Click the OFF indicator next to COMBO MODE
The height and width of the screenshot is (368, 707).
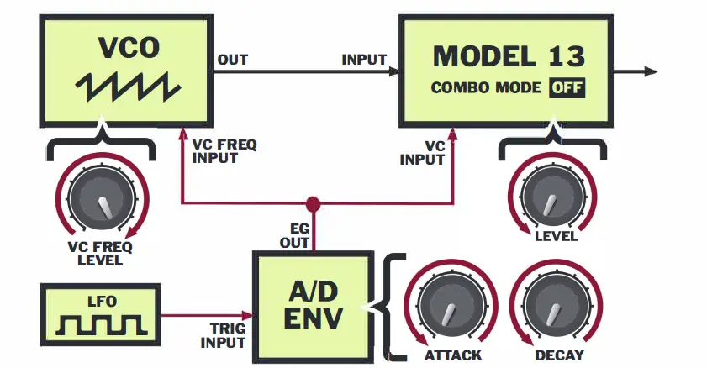[x=567, y=88]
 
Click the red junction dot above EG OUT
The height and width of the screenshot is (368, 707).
[x=314, y=203]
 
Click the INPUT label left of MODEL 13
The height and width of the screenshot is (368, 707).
[x=364, y=60]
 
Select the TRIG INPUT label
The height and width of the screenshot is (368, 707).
[x=223, y=335]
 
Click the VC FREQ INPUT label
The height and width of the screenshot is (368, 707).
[x=224, y=151]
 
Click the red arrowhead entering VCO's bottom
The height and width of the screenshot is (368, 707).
[x=182, y=129]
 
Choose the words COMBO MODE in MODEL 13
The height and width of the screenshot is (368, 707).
[x=487, y=88]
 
